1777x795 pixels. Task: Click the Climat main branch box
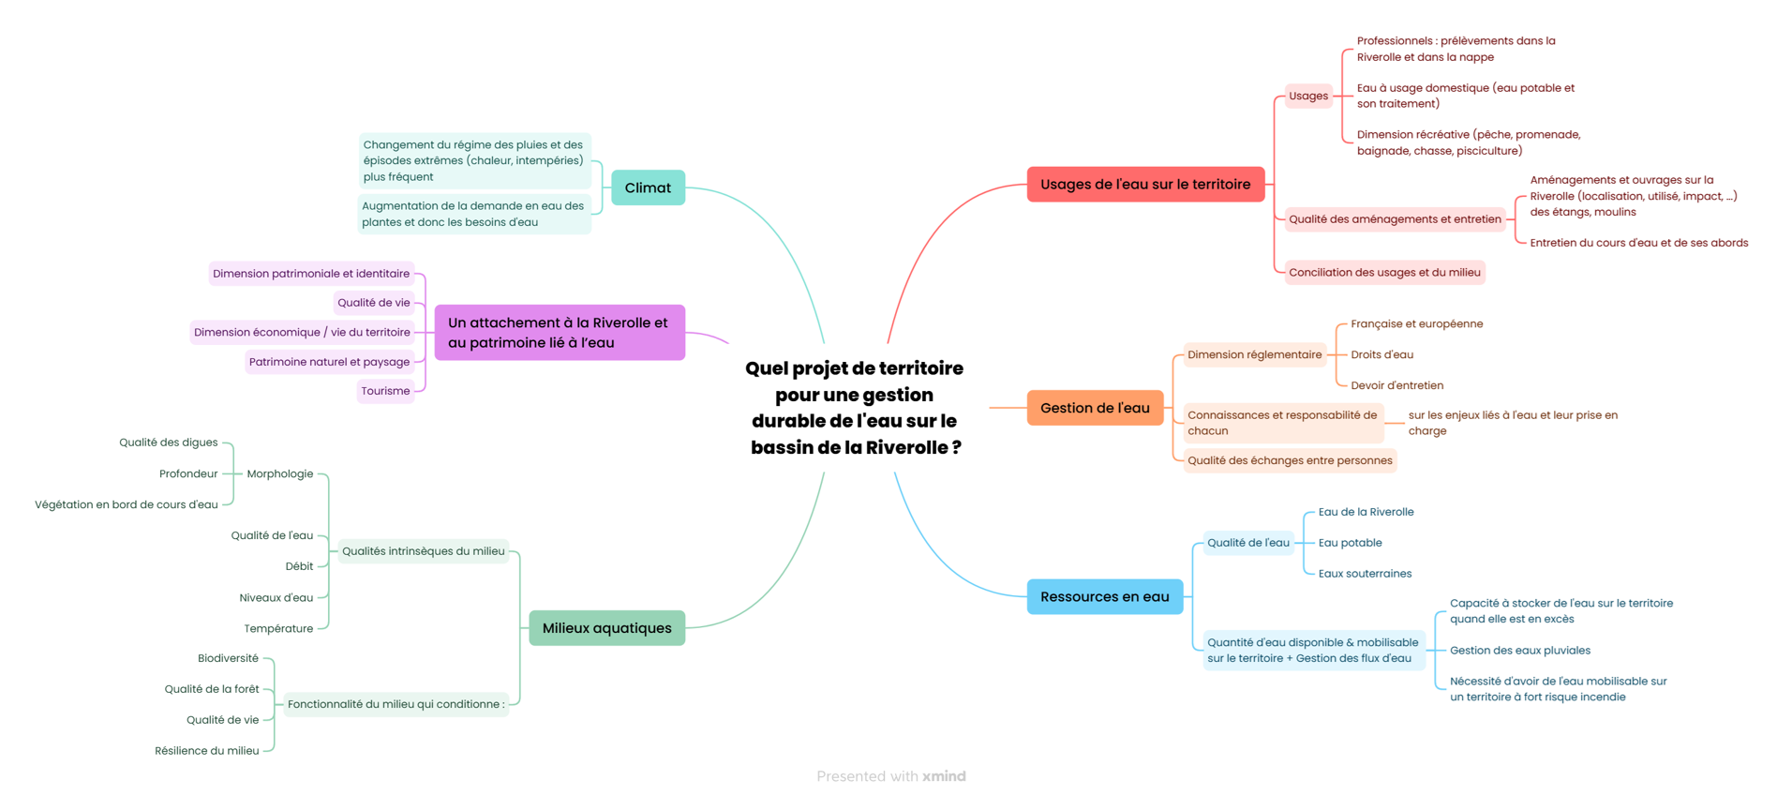(648, 187)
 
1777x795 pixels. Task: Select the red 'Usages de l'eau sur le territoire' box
(1144, 185)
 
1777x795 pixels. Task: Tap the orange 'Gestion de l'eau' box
(1095, 408)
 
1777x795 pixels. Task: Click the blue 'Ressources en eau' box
(1104, 597)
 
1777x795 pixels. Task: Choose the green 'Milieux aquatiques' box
(606, 628)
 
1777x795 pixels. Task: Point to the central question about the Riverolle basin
(855, 408)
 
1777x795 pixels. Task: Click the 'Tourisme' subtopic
(385, 391)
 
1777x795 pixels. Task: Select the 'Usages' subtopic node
(1307, 96)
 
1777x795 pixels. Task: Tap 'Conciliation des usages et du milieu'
(1383, 273)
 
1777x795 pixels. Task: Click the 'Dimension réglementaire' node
(1254, 354)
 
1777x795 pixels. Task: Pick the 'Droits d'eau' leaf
(1381, 354)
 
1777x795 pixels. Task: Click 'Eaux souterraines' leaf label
(1364, 574)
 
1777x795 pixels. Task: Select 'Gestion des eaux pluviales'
(1519, 651)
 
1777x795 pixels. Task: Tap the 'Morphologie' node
(279, 474)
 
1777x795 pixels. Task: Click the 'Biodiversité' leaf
(228, 659)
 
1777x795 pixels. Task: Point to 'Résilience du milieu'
(206, 751)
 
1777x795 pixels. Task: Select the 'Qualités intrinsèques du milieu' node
(423, 551)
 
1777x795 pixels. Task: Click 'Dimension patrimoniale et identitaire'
(310, 274)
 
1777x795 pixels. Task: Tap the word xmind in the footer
(944, 776)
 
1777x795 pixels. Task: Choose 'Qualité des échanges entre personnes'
(1289, 460)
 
